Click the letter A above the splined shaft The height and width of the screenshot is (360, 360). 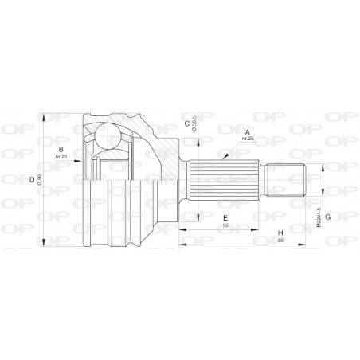[248, 132]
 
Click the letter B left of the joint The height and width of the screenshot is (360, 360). [61, 148]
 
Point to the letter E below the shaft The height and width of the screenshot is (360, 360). [226, 217]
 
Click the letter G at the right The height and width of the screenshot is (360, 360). [327, 209]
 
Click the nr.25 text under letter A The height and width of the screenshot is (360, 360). [248, 140]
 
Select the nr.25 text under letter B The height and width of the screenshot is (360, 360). [61, 156]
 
